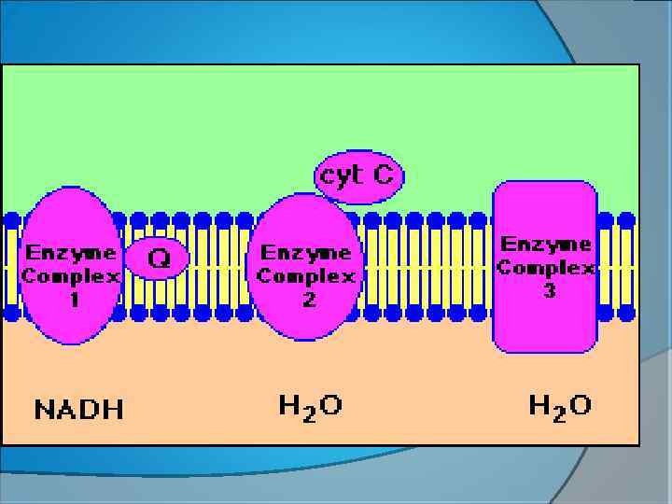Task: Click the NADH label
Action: (79, 409)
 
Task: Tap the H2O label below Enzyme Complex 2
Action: (310, 406)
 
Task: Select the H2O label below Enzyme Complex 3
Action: (559, 406)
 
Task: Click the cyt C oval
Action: (359, 175)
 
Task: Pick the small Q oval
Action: (157, 258)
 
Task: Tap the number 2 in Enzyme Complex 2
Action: (308, 300)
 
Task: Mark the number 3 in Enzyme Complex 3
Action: (549, 291)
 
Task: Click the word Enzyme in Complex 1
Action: (71, 253)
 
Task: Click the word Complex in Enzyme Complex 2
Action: (306, 276)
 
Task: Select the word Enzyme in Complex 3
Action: (547, 245)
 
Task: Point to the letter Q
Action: (160, 258)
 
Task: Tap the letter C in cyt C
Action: (384, 175)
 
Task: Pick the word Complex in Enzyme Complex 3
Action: (547, 268)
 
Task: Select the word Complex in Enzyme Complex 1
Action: (71, 276)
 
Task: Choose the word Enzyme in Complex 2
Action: (306, 253)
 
